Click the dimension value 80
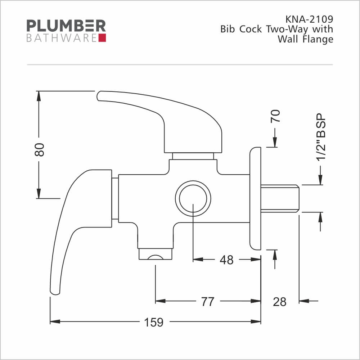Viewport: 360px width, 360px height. coord(39,150)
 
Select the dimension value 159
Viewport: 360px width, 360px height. coord(154,322)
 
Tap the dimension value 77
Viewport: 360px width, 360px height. coord(208,301)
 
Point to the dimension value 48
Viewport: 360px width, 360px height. coord(226,260)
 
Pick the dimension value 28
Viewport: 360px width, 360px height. coord(280,302)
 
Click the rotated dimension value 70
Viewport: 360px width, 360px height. coord(275,116)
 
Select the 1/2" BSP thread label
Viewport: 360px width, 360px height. coord(321,137)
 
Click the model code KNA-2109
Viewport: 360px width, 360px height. coord(309,19)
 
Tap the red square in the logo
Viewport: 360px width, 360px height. coord(102,38)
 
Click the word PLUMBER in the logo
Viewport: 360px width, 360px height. coord(66,26)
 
